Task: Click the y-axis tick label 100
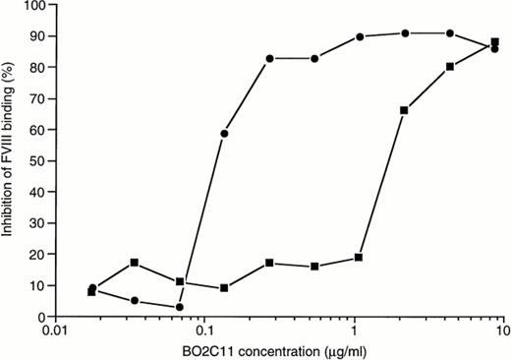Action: coord(37,6)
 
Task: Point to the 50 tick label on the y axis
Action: coord(40,161)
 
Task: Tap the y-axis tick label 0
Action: coord(43,317)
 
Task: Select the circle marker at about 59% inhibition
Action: coord(225,134)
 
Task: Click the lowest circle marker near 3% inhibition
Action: coord(180,307)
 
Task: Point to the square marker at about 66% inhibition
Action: coord(404,110)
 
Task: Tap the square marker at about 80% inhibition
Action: coord(449,67)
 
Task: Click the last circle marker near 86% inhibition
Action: coord(494,48)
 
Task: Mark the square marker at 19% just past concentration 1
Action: coord(359,258)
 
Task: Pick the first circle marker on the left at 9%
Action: coord(92,288)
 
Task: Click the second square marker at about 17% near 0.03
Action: coord(135,263)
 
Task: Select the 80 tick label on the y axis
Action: coord(40,68)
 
